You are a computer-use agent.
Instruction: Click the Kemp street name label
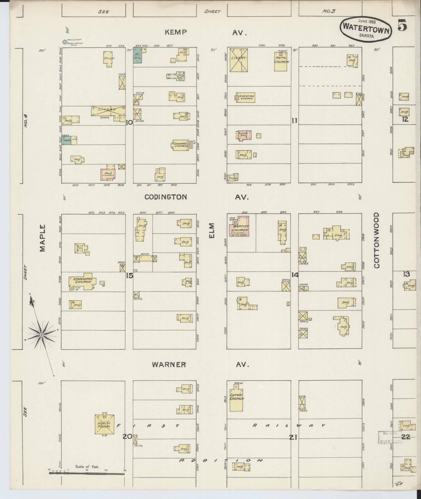[176, 32]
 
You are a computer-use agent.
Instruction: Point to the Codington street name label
[166, 197]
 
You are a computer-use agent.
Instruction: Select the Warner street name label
[169, 365]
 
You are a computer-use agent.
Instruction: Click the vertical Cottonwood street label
[376, 240]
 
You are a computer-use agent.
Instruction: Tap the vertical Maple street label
[43, 238]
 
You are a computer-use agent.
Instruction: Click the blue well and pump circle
[64, 42]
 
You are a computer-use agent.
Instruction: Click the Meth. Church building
[281, 61]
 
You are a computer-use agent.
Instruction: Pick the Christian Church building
[245, 97]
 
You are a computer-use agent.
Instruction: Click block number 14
[295, 275]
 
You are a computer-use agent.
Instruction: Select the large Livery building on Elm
[239, 60]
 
